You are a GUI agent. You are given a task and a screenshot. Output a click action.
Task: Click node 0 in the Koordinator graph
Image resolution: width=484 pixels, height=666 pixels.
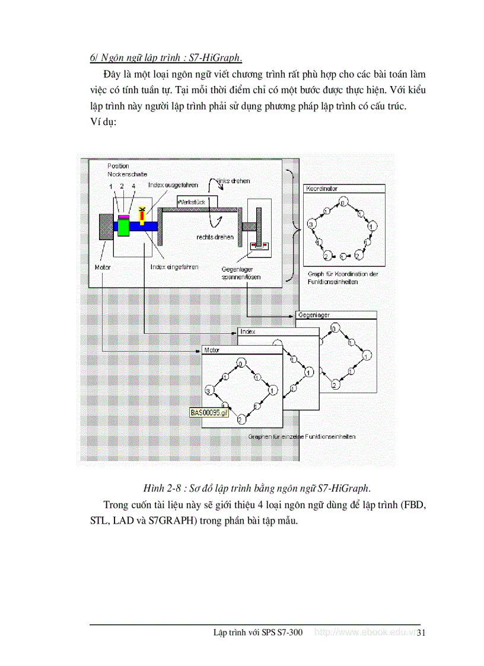point(343,204)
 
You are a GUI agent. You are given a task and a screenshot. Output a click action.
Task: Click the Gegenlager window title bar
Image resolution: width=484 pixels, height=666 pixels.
point(336,316)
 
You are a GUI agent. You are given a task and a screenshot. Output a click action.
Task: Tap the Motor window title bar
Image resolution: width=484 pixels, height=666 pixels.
point(241,350)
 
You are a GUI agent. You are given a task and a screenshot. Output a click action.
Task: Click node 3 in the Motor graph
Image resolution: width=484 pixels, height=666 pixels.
point(209,390)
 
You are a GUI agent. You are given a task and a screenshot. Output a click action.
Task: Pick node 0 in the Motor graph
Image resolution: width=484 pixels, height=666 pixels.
point(241,364)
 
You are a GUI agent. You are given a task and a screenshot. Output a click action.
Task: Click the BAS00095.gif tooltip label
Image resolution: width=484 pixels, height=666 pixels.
point(209,413)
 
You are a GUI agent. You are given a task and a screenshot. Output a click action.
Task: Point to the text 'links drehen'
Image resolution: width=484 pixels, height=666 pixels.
point(234,181)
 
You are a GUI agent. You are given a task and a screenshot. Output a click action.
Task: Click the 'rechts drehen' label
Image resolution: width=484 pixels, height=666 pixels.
point(215,238)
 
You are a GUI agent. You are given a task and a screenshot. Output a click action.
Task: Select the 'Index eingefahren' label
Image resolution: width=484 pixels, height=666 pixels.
point(174,267)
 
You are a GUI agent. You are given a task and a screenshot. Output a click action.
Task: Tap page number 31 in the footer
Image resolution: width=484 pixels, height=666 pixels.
point(422,633)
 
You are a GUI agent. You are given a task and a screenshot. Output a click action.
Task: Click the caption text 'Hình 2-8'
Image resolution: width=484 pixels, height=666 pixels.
point(161,489)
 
